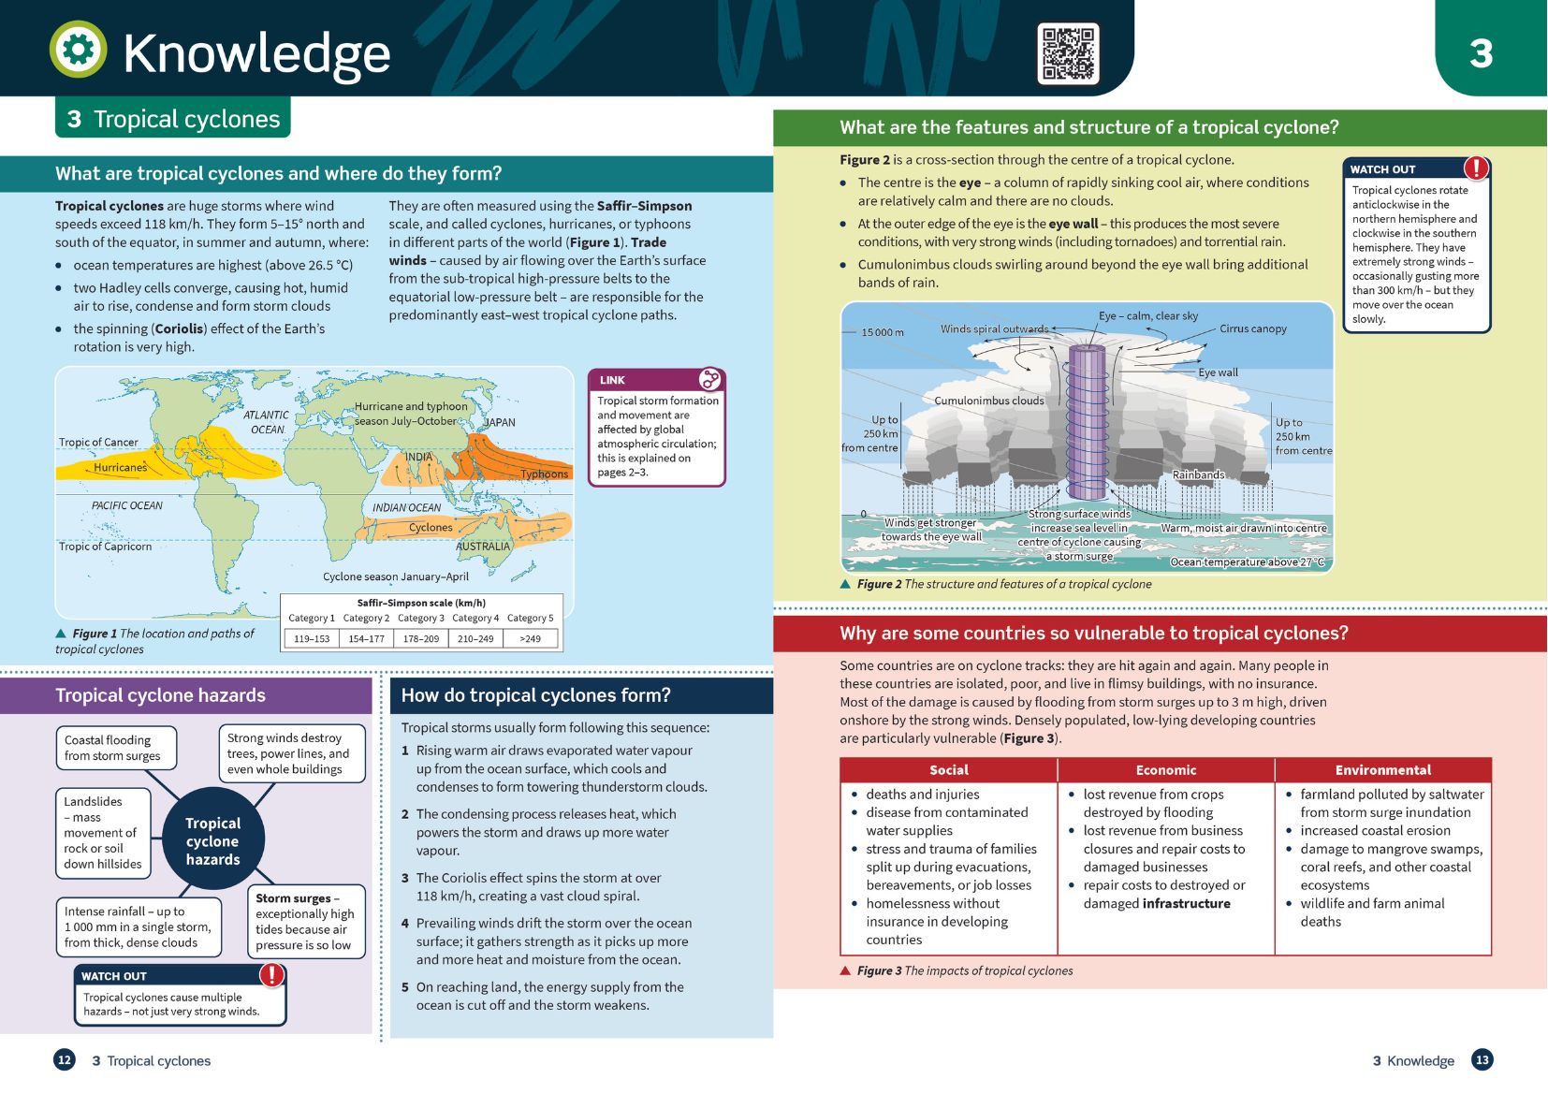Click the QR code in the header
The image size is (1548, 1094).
coord(1068,53)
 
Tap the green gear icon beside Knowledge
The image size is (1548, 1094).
coord(78,49)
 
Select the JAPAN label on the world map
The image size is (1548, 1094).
coord(499,422)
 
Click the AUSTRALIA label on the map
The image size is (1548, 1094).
coord(482,546)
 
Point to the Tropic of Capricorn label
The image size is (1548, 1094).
coord(105,546)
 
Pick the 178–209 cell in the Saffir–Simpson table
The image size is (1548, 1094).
coord(421,638)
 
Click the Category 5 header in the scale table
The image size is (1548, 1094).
coord(530,618)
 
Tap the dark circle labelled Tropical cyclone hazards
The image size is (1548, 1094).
coord(212,839)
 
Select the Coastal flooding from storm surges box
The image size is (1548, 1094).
coord(116,748)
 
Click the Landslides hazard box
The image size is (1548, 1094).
coord(103,833)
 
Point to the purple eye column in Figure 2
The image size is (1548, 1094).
coord(1088,421)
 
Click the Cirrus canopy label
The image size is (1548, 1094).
coord(1253,328)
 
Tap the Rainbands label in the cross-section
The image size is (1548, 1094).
coord(1198,474)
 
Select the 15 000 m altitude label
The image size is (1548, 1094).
coord(882,332)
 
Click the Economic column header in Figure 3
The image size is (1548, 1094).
coord(1166,770)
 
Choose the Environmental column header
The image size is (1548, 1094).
coord(1383,770)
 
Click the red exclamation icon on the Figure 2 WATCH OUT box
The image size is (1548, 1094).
coord(1476,168)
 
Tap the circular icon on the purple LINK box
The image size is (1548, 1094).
coord(709,379)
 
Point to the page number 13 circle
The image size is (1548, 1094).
coord(1482,1060)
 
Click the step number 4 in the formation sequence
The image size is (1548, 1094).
coord(405,924)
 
